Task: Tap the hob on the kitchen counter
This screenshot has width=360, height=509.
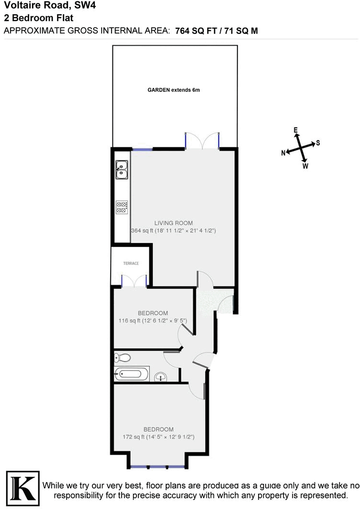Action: click(x=122, y=207)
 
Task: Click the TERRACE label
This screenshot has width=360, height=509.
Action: click(x=131, y=264)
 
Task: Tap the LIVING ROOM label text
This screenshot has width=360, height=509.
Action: click(x=173, y=223)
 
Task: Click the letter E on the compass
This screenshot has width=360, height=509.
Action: click(x=296, y=130)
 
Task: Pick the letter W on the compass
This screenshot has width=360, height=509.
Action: click(x=305, y=166)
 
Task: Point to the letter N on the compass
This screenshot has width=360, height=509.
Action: click(x=283, y=153)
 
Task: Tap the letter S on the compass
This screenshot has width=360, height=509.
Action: click(x=318, y=143)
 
